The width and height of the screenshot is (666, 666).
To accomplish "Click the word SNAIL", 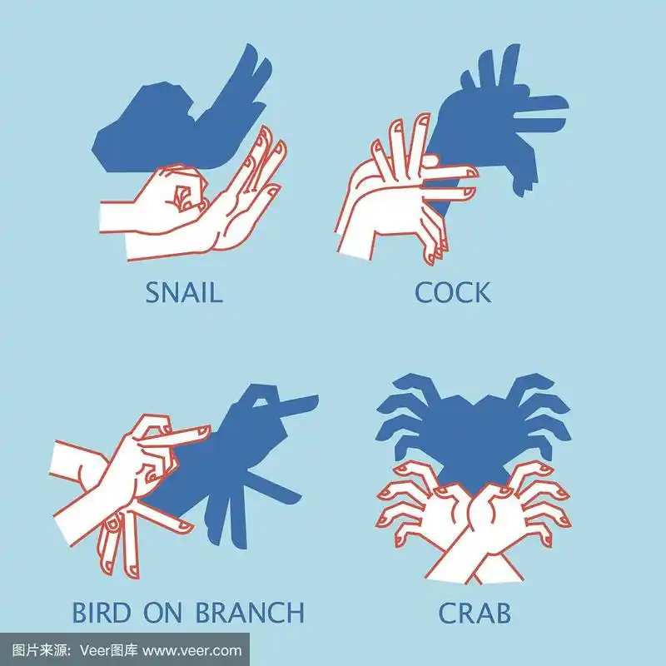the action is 184,292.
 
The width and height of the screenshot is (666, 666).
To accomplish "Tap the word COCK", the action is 453,292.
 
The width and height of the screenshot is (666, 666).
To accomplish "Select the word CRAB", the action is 475,613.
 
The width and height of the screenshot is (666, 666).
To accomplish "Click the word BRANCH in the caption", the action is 250,612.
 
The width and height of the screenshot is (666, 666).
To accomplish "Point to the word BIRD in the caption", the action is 101,612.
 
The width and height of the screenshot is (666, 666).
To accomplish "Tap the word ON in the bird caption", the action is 162,612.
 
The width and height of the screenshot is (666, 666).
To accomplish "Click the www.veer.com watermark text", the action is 192,650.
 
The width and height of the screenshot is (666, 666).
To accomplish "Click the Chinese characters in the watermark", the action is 41,650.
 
